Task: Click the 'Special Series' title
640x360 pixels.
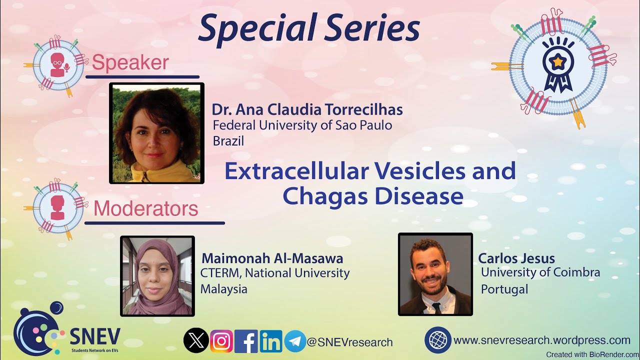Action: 308,29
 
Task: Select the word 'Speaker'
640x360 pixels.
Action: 130,63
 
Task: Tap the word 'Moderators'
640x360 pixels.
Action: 145,208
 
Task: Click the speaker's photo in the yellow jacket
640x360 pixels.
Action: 156,133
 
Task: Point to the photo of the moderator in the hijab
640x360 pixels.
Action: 157,276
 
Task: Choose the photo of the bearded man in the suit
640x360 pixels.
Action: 435,274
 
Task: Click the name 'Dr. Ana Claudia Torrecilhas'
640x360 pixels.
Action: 307,109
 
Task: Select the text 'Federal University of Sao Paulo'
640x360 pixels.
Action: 302,125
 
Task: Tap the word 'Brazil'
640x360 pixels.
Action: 228,141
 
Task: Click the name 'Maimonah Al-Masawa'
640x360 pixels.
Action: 272,258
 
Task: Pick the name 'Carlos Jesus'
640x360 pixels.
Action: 516,258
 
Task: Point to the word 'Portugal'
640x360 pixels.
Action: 504,289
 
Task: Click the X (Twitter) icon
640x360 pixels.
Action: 196,341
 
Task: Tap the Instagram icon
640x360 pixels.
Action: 221,341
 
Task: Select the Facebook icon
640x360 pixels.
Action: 246,341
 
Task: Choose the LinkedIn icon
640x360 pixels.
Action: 270,341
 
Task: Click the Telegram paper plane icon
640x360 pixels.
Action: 295,341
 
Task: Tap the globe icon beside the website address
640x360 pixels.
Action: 437,340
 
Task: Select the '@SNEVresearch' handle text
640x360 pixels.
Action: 349,342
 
